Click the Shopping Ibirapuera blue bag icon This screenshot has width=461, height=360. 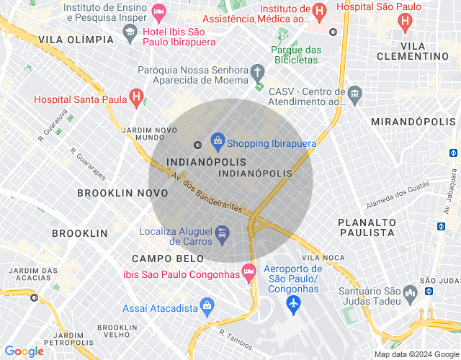coord(216,139)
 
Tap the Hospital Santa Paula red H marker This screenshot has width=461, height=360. coord(136,97)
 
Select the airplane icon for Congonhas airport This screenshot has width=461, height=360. coord(293,305)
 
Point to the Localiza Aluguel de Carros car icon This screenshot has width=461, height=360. coord(223,233)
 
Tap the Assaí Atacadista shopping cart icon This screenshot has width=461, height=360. coord(207,305)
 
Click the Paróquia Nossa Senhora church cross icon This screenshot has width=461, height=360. coord(257,72)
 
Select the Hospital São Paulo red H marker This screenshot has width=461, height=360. coord(406,22)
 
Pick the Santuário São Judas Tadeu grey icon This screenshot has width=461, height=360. coord(411,293)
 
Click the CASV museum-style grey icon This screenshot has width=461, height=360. coord(354,94)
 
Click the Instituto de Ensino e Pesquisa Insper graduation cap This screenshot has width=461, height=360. coord(129,32)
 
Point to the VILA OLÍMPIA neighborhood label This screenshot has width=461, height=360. coord(76,39)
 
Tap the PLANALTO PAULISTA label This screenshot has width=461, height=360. coord(367,228)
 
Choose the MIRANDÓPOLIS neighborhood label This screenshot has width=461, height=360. coord(414,122)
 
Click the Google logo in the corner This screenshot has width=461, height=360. coord(24,351)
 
